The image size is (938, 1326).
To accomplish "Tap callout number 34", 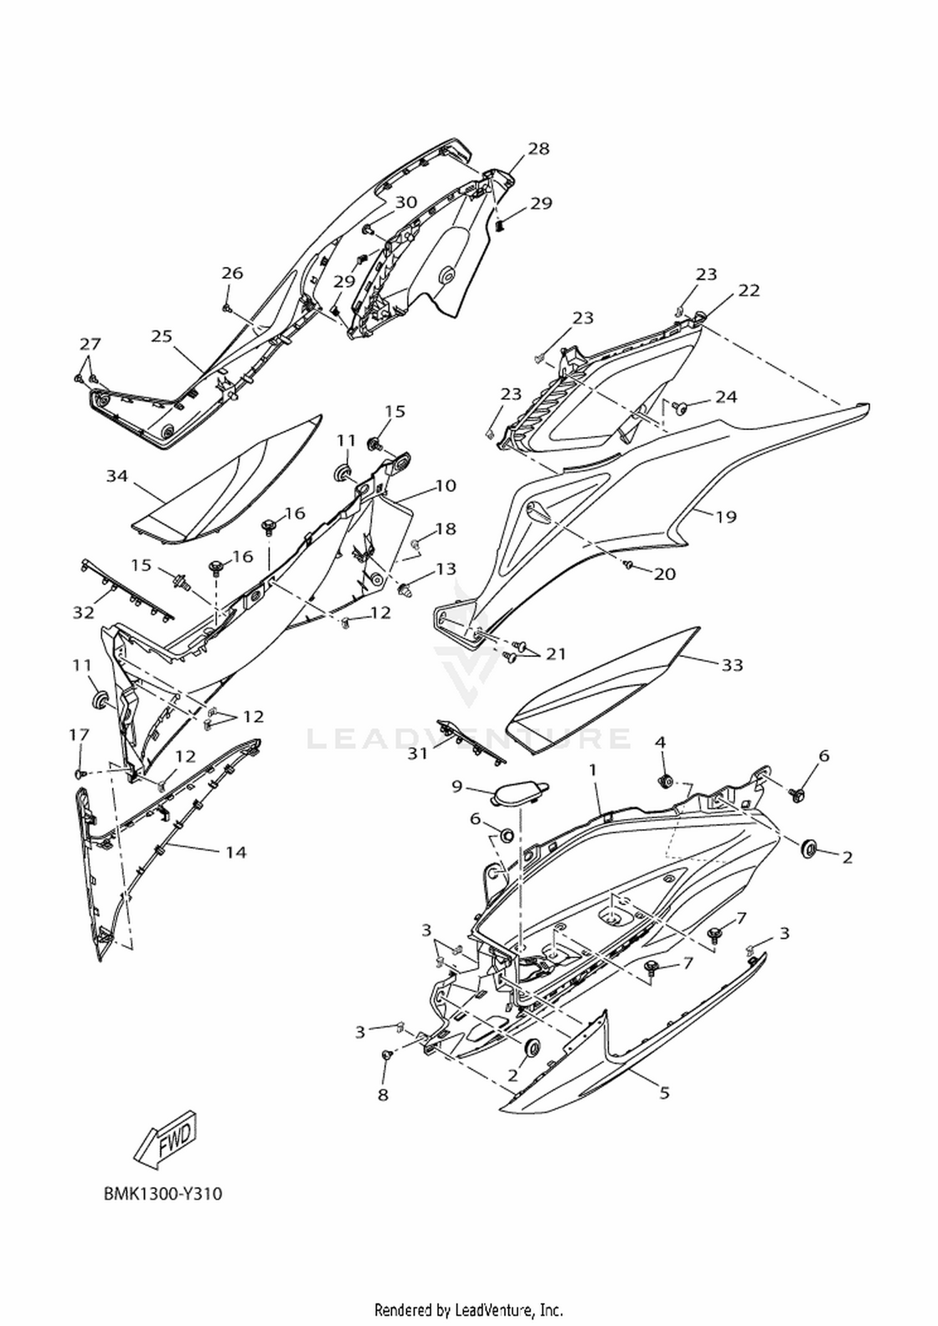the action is click(117, 476).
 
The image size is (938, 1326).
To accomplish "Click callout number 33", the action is click(732, 665).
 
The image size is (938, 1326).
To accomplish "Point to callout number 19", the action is click(726, 517).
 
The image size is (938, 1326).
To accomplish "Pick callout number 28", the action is click(538, 149).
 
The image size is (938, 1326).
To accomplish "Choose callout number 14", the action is click(236, 852).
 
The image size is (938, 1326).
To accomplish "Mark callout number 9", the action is click(457, 786).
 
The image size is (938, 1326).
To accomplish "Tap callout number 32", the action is click(83, 613).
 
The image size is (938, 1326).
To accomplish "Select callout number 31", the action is click(418, 754).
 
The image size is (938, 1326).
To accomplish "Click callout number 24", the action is click(726, 397).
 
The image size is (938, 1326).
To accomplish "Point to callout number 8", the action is click(383, 1095).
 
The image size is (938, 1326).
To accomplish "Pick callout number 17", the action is click(79, 735).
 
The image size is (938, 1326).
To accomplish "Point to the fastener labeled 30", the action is click(368, 229).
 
